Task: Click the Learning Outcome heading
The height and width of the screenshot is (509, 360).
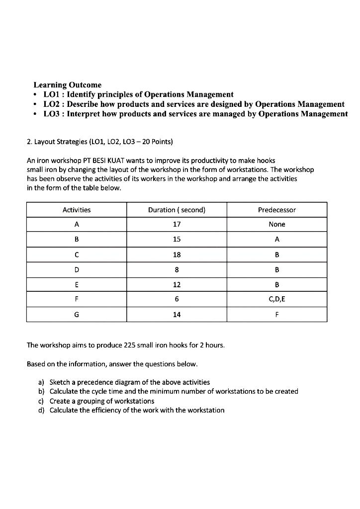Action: pos(67,85)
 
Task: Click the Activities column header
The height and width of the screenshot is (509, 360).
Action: pos(77,210)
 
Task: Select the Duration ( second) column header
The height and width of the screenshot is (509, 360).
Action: pos(177,210)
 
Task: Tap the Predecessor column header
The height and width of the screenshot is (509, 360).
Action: pos(276,210)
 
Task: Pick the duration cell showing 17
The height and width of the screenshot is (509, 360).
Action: pos(177,225)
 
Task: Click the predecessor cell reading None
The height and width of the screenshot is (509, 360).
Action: pos(276,225)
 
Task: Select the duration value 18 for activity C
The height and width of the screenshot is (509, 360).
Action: pos(177,254)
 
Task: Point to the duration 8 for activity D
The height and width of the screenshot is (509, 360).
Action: pos(177,270)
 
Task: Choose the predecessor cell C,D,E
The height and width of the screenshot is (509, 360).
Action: pos(276,300)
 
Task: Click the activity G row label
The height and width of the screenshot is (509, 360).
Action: pos(77,315)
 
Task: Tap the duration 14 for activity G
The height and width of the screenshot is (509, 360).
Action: pos(177,315)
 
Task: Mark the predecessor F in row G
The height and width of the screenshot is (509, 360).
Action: pos(276,315)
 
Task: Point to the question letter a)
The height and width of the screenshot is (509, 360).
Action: pos(41,382)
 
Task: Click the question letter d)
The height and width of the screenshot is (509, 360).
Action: pos(41,410)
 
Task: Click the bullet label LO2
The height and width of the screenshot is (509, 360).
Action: pos(52,104)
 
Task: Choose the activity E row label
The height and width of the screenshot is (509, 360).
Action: pos(77,285)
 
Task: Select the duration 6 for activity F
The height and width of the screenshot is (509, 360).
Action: pos(177,300)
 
